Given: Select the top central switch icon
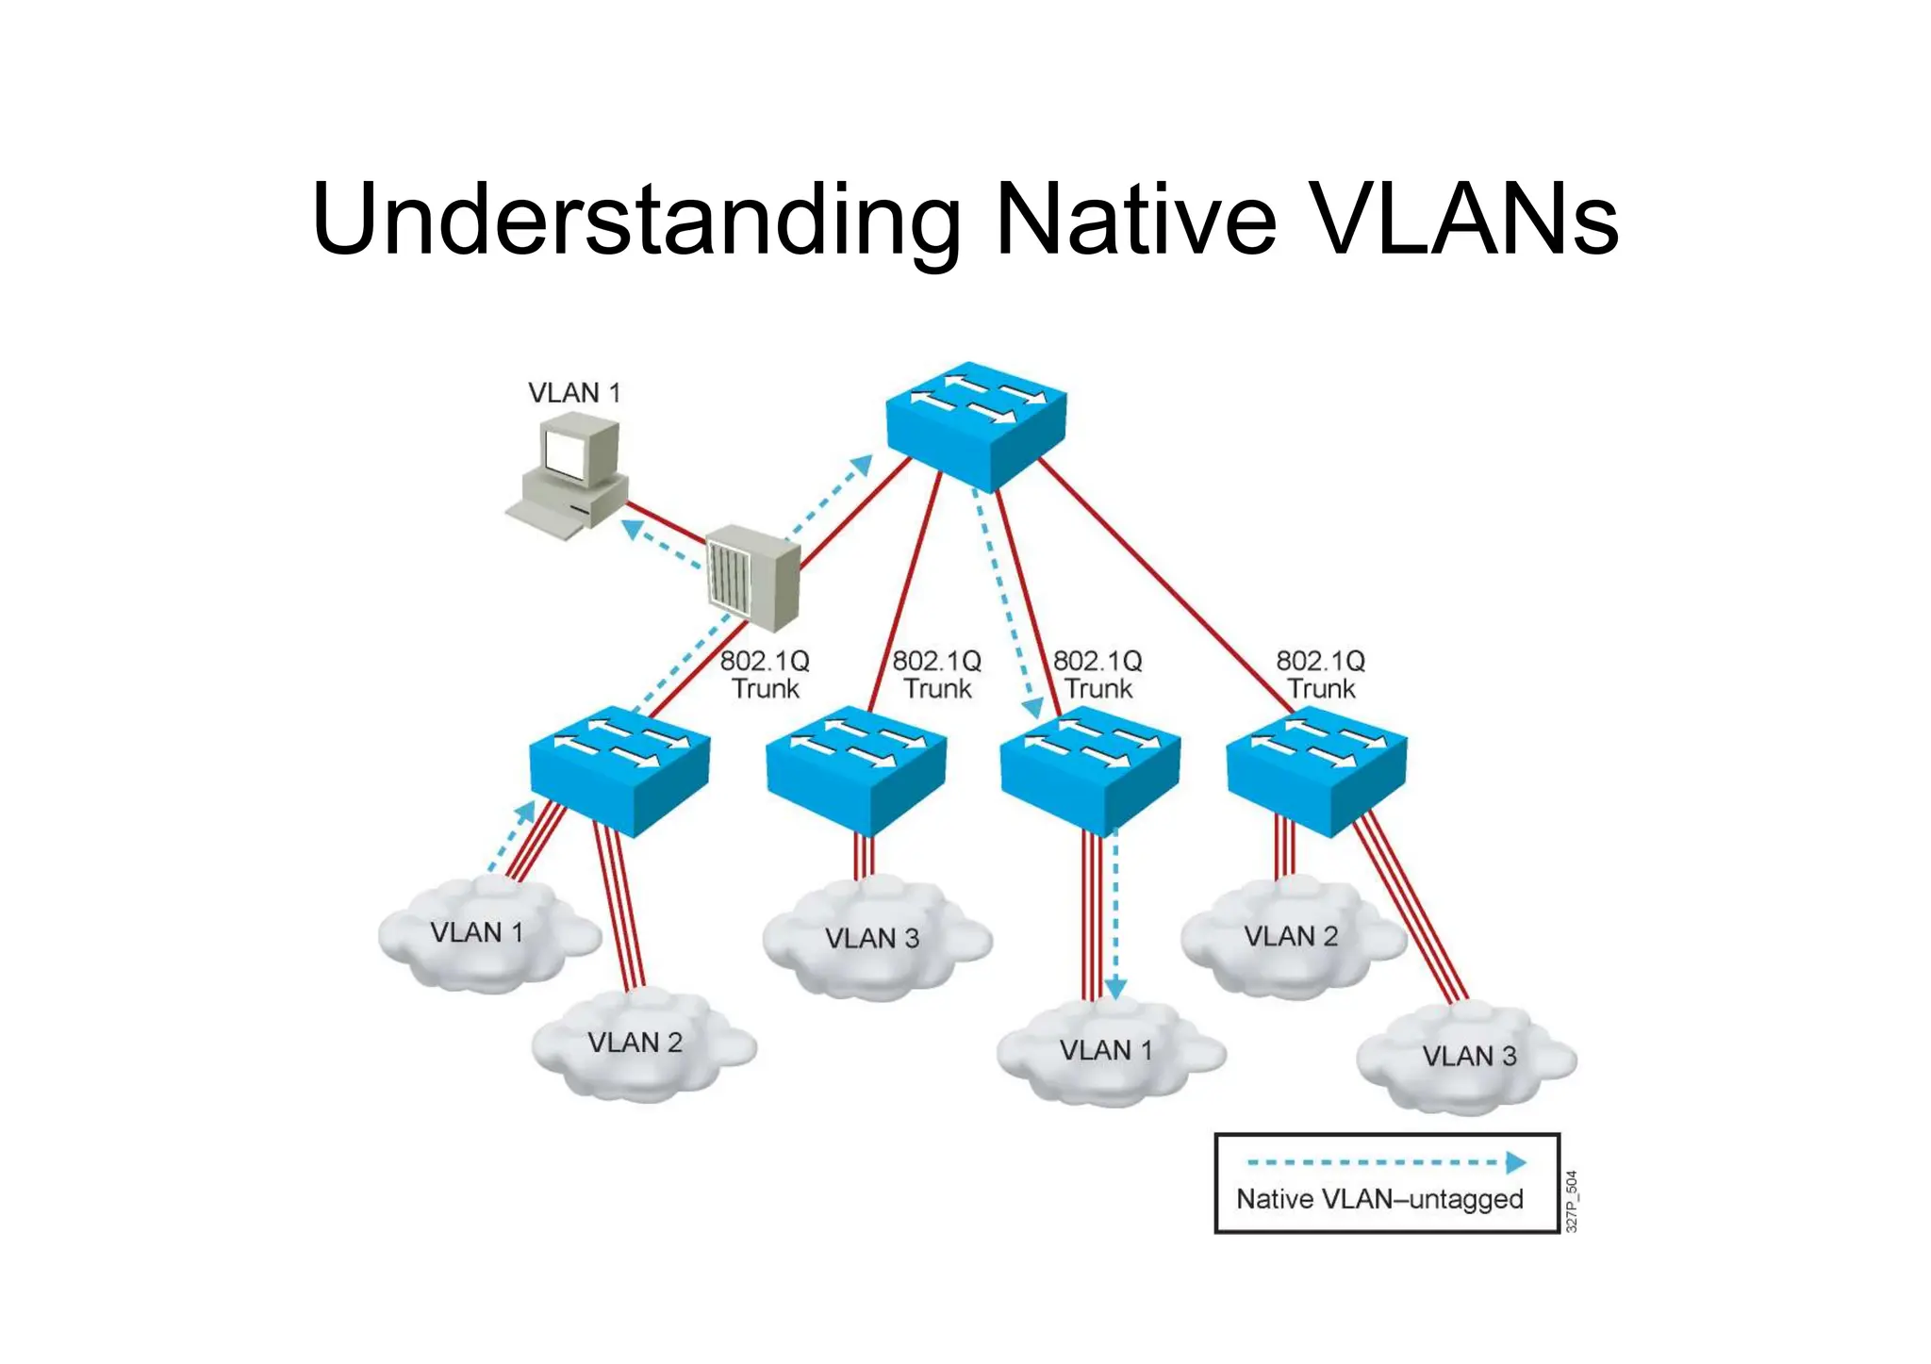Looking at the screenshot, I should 976,424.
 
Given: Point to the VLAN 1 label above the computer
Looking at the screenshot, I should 574,393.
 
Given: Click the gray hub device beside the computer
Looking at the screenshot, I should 753,577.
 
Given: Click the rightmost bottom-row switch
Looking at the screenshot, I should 1316,768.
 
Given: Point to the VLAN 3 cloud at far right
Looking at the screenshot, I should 1467,1057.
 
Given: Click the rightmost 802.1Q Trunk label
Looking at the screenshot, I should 1321,675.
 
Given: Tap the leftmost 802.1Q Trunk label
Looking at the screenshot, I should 765,675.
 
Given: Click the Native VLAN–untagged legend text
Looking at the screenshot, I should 1379,1199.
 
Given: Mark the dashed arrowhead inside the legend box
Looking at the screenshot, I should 1515,1162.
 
